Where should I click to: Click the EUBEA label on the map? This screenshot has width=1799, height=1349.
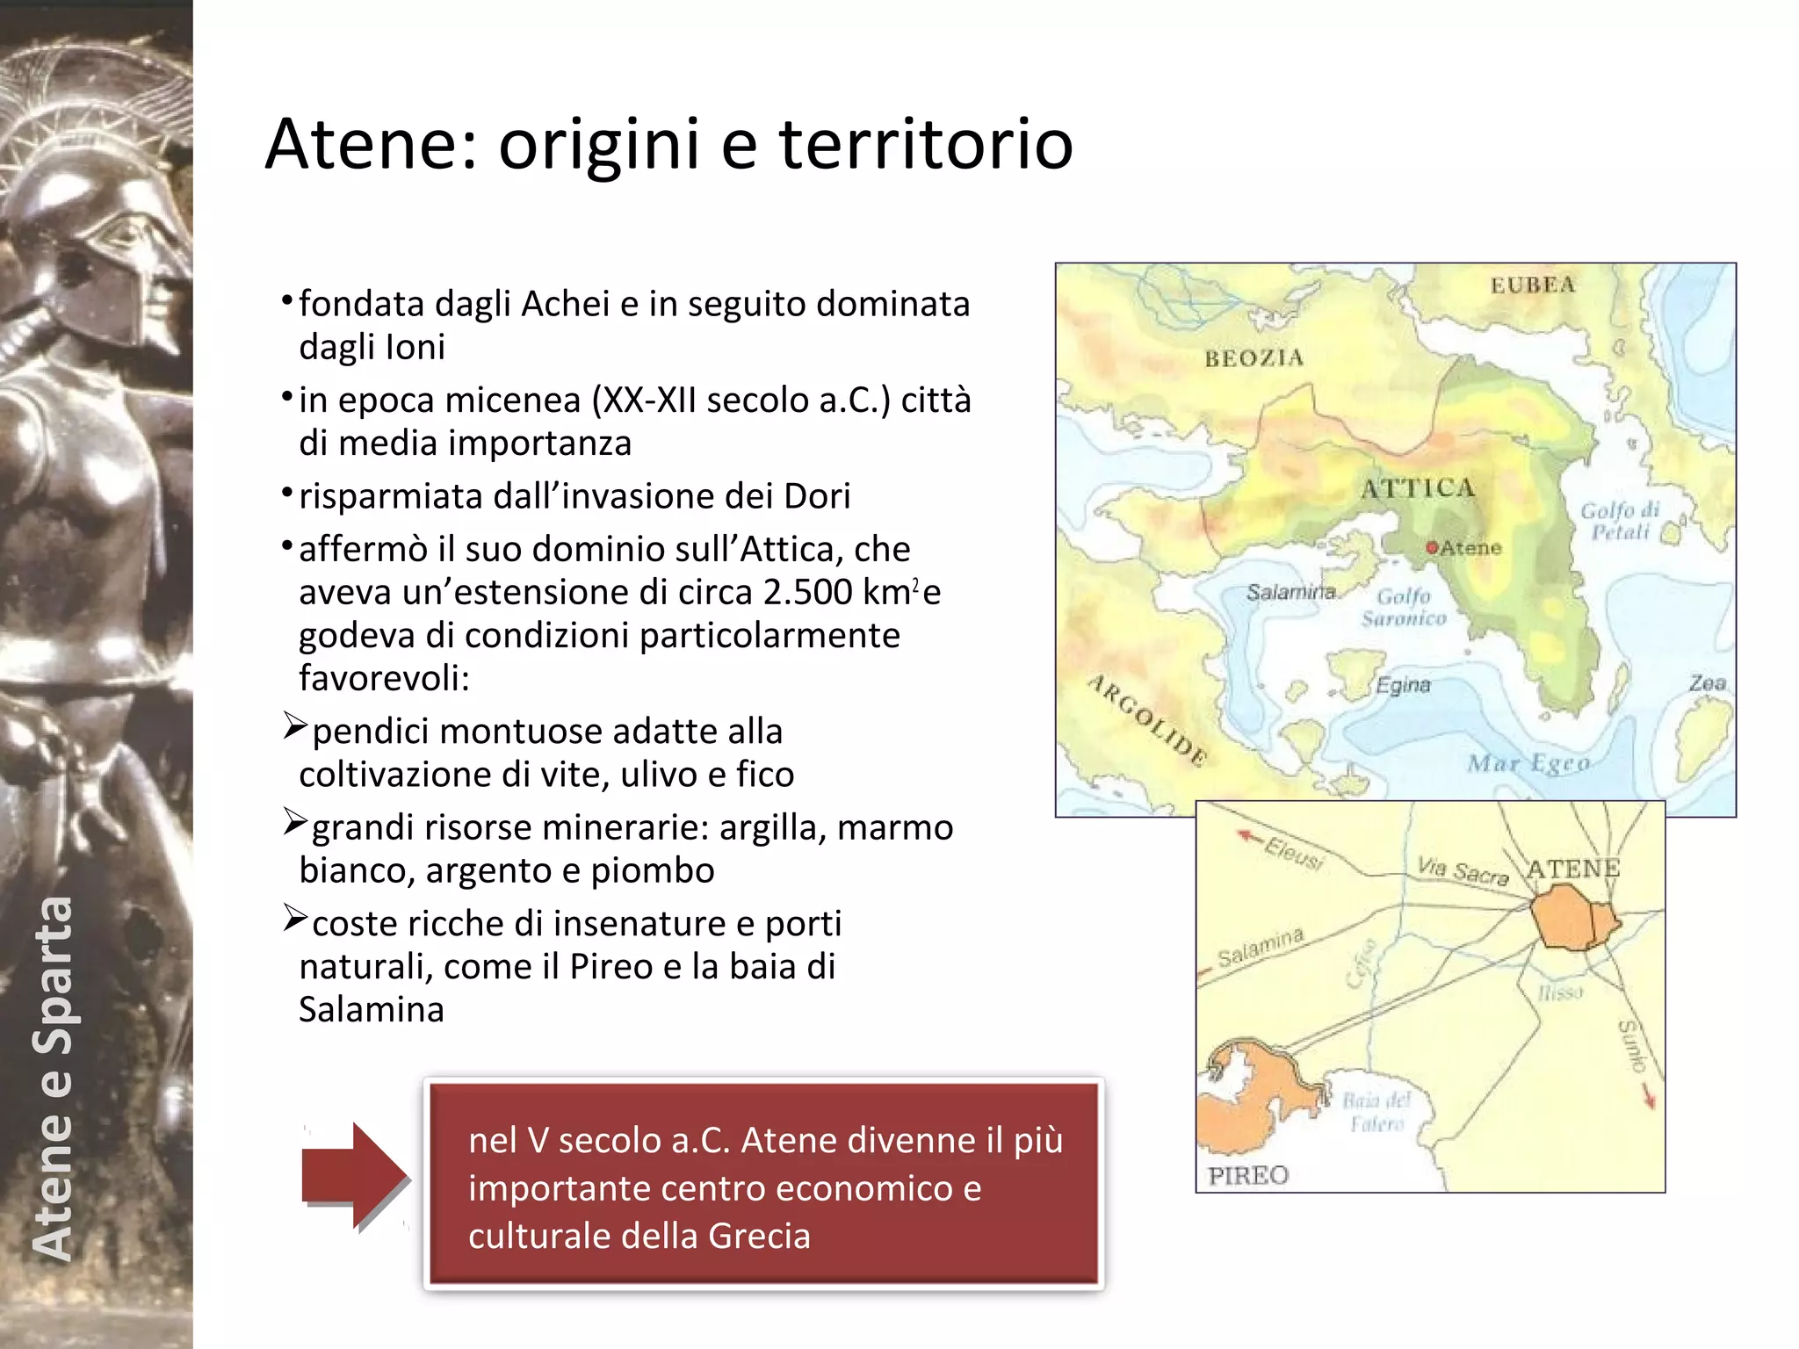point(1532,285)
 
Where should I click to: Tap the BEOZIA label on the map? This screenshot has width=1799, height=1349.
point(1254,357)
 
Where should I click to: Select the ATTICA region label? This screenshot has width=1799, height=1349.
point(1418,488)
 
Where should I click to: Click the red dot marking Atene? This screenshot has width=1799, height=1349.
point(1432,548)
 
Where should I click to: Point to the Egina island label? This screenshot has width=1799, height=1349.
point(1403,685)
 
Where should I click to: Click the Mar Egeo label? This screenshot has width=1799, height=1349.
point(1528,763)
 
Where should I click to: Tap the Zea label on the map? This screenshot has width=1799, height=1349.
point(1707,682)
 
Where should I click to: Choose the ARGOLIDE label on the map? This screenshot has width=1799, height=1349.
point(1147,720)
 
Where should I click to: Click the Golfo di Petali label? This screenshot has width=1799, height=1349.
point(1621,521)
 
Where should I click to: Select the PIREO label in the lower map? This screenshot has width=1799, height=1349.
point(1248,1175)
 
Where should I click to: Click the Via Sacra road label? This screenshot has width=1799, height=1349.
point(1463,870)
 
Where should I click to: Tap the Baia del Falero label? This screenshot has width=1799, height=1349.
point(1376,1112)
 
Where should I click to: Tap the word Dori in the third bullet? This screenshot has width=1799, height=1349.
point(817,496)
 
